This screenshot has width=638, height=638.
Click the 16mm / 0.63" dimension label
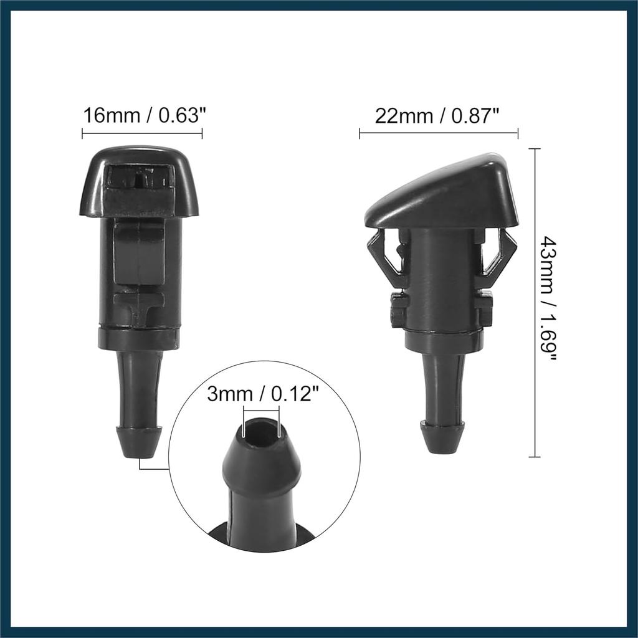pos(144,115)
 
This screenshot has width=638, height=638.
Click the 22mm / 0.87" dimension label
pos(437,115)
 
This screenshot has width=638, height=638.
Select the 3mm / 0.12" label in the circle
pos(264,394)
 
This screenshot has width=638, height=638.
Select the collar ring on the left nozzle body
pos(139,338)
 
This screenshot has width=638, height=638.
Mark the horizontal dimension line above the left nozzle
pos(142,132)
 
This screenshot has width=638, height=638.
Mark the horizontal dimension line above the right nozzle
pos(438,133)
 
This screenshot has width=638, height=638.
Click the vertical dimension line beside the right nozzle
pos(534,302)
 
